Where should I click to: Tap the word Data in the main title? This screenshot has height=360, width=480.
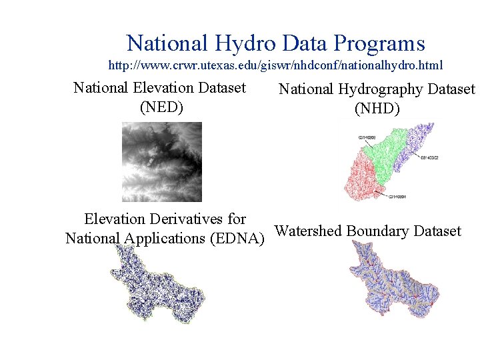tap(303, 44)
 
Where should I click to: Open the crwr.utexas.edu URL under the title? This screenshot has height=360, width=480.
tap(275, 66)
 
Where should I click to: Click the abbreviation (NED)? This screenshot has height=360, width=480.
tap(161, 106)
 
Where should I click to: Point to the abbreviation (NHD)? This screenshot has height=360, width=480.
tap(377, 108)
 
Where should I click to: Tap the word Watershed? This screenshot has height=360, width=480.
tap(308, 231)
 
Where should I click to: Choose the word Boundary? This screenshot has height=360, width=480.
tap(378, 231)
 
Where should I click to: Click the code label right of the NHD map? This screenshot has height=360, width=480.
tap(430, 158)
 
